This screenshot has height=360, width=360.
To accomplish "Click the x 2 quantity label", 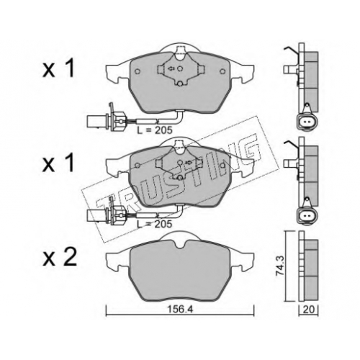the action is tap(60, 257).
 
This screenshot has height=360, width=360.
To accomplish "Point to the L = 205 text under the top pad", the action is tap(155, 130).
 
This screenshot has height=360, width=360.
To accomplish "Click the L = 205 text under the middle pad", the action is tap(154, 224).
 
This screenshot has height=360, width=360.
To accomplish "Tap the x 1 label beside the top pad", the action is tap(58, 68).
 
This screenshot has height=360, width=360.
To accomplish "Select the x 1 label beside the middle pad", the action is tap(58, 163).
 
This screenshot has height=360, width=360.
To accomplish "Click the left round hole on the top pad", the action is tap(138, 71).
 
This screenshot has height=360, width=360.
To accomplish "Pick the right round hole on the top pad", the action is tap(222, 71).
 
